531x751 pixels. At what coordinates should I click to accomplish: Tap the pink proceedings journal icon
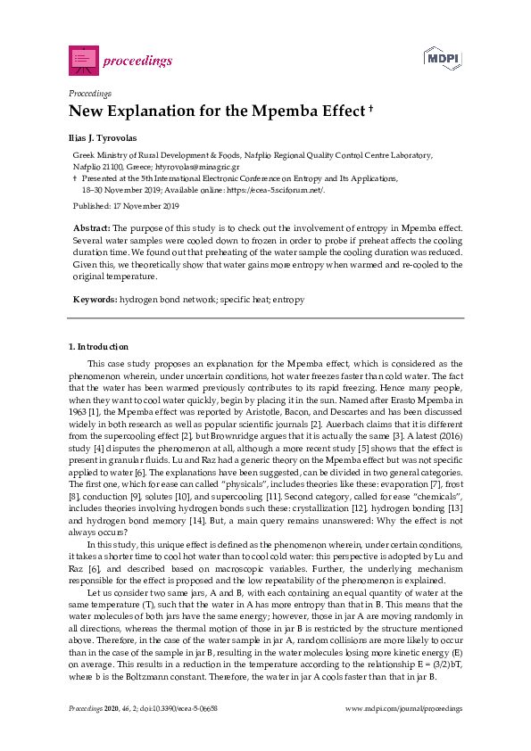coord(83,60)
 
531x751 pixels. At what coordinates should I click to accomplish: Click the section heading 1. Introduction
coord(98,346)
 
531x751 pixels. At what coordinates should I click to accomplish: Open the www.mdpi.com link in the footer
coord(403,708)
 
